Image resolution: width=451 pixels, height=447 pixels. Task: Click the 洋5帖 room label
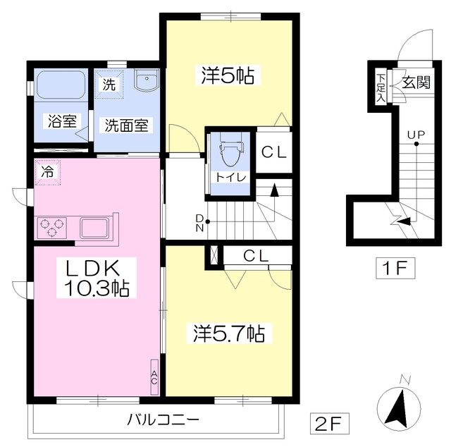click(228, 75)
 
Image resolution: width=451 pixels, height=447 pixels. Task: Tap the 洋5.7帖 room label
click(229, 333)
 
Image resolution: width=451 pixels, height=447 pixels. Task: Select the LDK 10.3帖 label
click(97, 278)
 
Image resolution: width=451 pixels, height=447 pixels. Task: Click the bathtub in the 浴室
click(61, 84)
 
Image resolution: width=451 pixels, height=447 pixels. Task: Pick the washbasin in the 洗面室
click(147, 80)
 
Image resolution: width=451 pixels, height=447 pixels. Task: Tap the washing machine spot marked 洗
click(109, 84)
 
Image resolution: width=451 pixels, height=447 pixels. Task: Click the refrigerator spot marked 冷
click(47, 172)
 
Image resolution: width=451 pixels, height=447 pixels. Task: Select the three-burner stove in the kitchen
click(51, 228)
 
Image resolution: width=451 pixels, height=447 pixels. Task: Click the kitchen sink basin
click(94, 228)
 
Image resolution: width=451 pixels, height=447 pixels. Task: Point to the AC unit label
click(154, 377)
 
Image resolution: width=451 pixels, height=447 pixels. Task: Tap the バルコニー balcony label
click(163, 420)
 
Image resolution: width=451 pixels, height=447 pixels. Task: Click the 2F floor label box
click(329, 424)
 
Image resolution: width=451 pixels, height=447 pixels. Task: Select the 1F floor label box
click(395, 268)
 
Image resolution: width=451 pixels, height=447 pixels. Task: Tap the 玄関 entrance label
click(416, 82)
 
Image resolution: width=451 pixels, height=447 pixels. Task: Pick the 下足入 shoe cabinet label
click(381, 88)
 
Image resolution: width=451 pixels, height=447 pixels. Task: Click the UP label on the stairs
click(416, 134)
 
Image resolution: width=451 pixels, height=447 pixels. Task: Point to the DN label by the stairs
click(199, 223)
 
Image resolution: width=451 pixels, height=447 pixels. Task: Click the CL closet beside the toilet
click(274, 152)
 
